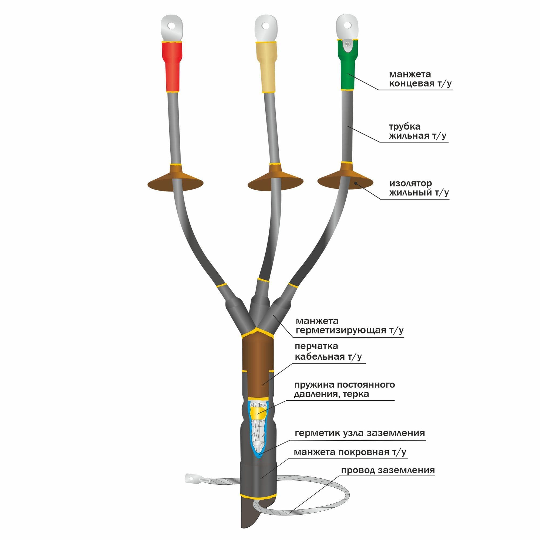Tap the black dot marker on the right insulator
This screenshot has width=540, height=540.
[356, 183]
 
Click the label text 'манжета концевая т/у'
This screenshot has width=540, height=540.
[420, 79]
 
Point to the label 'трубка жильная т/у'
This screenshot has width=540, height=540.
[418, 131]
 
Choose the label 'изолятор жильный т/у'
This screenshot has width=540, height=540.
[419, 188]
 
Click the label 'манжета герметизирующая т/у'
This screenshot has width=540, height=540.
[349, 326]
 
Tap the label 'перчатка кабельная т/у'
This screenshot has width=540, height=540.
[328, 352]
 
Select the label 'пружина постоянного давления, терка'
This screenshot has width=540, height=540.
[344, 389]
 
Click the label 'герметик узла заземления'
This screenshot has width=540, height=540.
[360, 433]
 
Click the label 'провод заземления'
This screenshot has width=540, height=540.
[388, 470]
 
